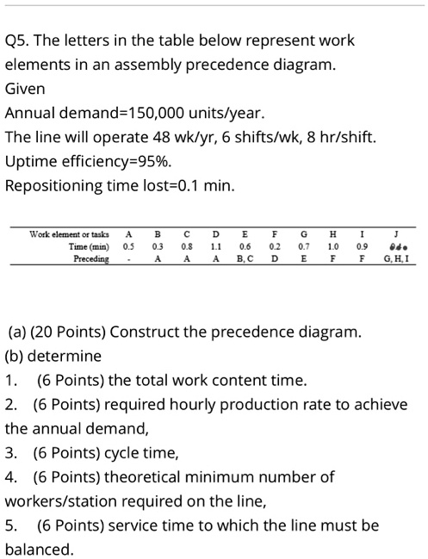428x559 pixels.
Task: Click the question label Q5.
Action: point(18,41)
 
